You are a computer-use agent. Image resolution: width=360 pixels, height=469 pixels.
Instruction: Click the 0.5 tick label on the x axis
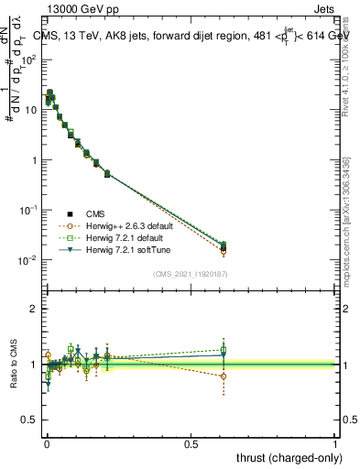pos(191,442)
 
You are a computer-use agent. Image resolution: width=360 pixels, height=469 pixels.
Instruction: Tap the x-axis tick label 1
pos(335,442)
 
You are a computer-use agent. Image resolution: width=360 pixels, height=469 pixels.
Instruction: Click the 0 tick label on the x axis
pos(47,442)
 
